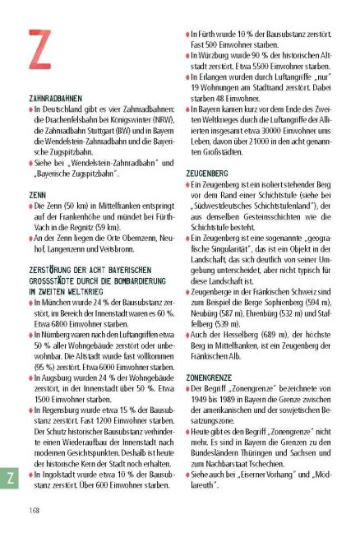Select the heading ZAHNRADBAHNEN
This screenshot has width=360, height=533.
point(54,97)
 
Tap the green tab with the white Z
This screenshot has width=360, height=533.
point(11,478)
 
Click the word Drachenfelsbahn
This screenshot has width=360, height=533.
point(70,119)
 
